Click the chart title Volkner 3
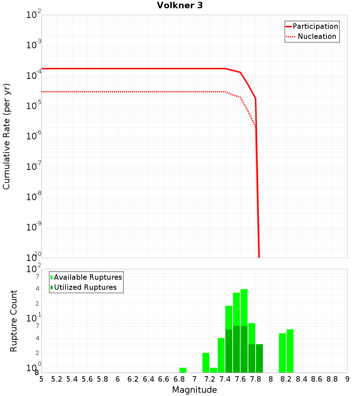pos(180,5)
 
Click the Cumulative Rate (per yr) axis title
pos(6,136)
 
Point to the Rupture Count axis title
pos(14,321)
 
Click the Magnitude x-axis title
pos(194,390)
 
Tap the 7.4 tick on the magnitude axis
pos(225,379)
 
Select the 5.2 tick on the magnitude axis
pos(57,379)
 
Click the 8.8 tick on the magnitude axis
pos(332,379)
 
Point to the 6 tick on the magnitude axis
pos(118,379)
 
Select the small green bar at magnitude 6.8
pos(183,370)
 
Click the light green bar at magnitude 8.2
pos(290,351)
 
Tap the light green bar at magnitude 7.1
pos(206,363)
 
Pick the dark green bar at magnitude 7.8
pos(259,358)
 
